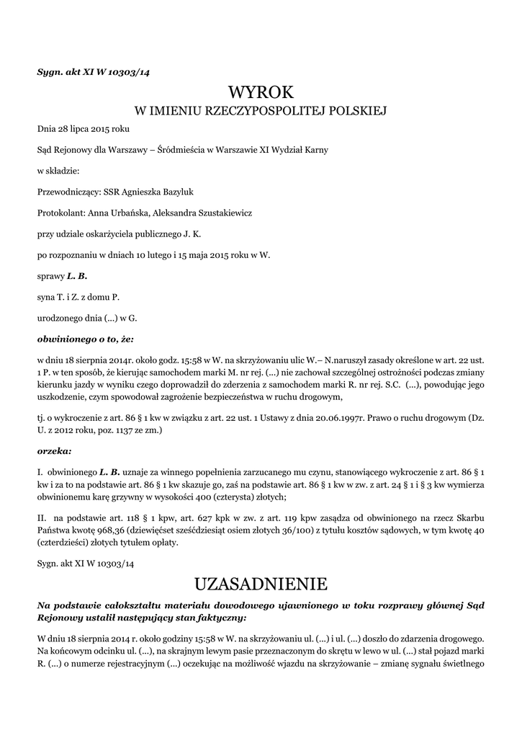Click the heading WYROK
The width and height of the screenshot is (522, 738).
point(261,92)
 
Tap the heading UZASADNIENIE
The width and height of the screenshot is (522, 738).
point(261,582)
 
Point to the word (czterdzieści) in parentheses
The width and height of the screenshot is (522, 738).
point(70,543)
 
